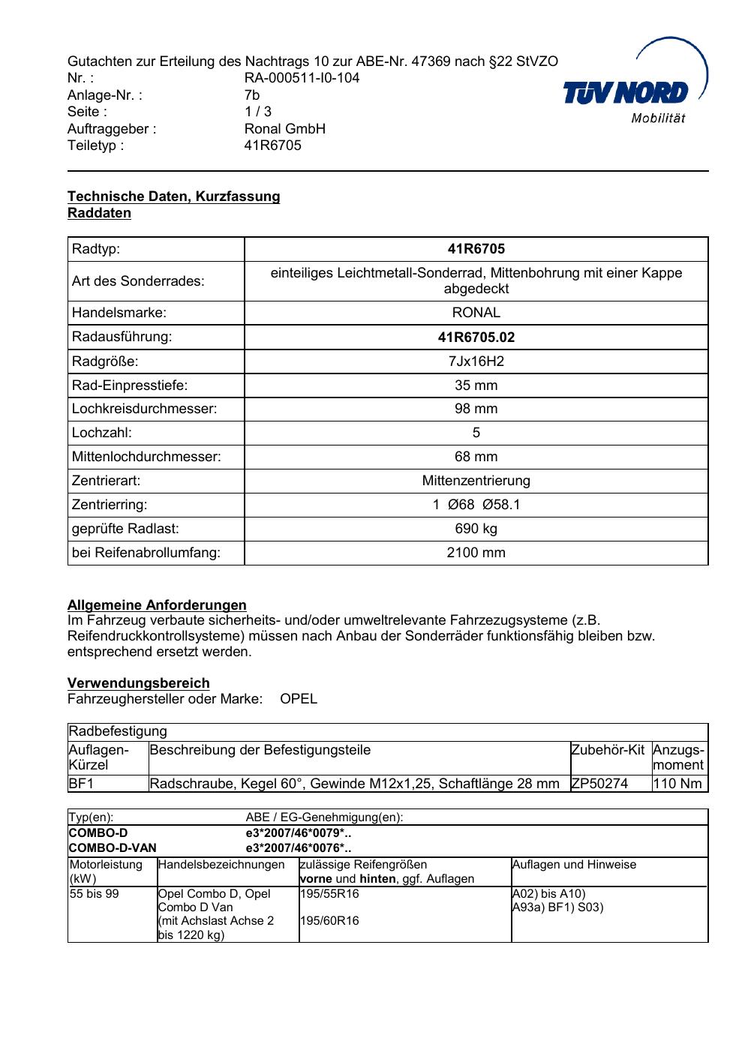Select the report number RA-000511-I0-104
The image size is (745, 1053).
coord(302,78)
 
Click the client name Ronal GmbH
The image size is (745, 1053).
coord(285,128)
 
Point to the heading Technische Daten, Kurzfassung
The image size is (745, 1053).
coord(173,196)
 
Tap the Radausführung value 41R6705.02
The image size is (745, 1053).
coord(476,337)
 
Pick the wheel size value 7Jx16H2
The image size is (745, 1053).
coord(476,361)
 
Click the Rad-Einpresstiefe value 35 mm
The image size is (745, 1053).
coord(476,385)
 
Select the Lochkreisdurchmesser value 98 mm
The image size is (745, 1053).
coord(476,409)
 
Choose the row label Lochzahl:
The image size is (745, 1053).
coord(102,433)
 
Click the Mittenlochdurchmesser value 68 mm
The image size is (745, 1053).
coord(476,457)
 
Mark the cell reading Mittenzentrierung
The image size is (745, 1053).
coord(476,481)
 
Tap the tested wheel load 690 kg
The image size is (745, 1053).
coord(476,529)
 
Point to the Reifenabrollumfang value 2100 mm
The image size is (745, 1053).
coord(476,553)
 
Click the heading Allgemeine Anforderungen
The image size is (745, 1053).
coord(157,604)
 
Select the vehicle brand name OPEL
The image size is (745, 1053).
coord(299,699)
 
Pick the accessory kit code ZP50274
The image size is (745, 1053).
coord(599,784)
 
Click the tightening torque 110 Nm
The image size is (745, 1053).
coord(677,784)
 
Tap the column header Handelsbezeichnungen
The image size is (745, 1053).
coord(222,865)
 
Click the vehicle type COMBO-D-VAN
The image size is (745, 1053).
coord(113,848)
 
